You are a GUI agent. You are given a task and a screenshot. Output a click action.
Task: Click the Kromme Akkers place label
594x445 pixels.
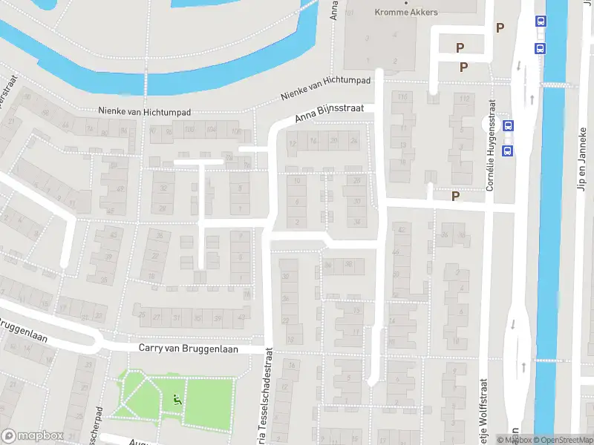click(405, 12)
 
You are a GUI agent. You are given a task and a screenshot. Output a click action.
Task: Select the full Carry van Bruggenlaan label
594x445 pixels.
click(189, 348)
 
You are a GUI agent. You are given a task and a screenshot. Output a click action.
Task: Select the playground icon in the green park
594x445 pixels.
click(177, 400)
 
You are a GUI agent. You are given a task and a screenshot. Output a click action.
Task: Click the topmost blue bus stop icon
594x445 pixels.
click(541, 22)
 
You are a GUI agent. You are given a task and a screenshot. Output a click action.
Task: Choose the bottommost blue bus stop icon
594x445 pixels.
click(509, 151)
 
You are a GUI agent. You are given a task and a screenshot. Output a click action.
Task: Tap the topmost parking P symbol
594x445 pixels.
click(500, 28)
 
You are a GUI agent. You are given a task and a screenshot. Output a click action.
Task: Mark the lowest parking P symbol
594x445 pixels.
click(456, 196)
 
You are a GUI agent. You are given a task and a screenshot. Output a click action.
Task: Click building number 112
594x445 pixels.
click(466, 99)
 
